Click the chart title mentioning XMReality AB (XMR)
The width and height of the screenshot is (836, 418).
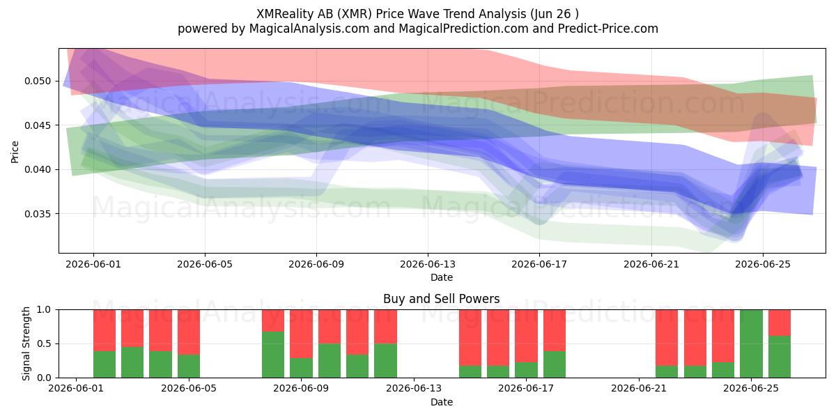tap(417, 14)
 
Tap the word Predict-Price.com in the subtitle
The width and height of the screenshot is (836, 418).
tap(608, 29)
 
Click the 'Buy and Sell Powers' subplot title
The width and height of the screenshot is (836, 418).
tap(442, 299)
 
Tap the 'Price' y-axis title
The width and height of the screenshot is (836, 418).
tap(15, 152)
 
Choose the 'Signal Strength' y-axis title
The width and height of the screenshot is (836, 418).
tap(26, 343)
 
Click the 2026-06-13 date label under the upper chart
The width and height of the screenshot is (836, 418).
tap(428, 265)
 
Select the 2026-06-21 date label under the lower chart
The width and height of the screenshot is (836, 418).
tap(639, 389)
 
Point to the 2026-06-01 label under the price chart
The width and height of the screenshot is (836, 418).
tap(93, 265)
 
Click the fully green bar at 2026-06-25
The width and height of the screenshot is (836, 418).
tap(751, 343)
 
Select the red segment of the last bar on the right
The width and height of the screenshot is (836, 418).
tap(780, 323)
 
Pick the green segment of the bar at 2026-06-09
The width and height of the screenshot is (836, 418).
tap(301, 368)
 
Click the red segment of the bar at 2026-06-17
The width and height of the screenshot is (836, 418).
tap(526, 336)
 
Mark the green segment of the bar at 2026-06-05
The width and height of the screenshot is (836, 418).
tap(189, 366)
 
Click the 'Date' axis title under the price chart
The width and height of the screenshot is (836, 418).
tap(442, 278)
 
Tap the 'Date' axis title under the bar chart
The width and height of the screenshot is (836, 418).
tap(442, 403)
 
